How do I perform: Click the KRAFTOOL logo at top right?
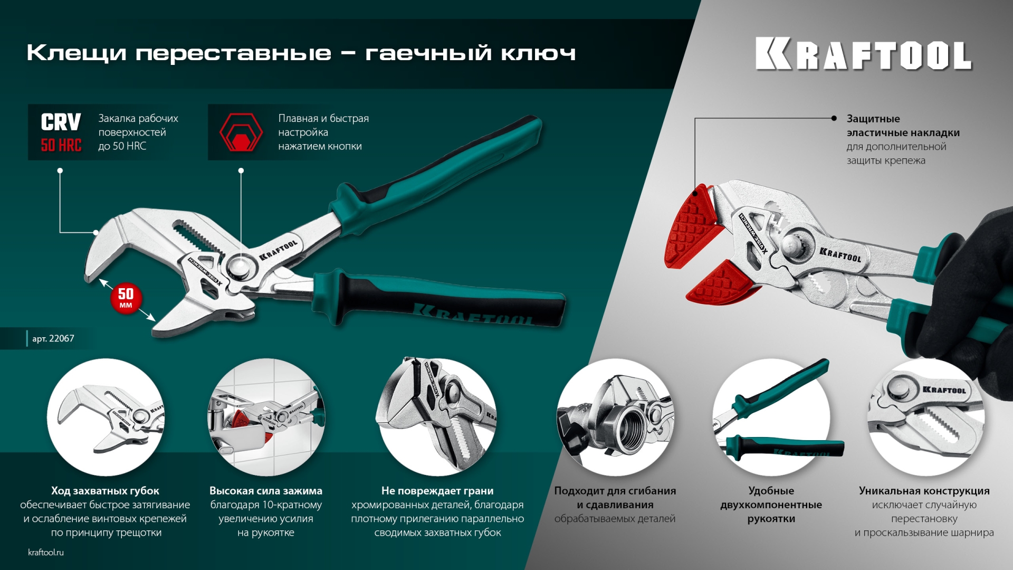(863, 54)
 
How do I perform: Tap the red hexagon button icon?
(241, 132)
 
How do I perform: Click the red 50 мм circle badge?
(126, 299)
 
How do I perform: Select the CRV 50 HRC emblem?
(61, 132)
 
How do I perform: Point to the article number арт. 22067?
(53, 338)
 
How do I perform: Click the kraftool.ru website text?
(46, 552)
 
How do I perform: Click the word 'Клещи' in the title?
(77, 53)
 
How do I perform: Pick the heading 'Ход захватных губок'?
(105, 491)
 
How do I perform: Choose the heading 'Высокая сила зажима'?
(266, 491)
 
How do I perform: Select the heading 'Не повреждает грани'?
(437, 491)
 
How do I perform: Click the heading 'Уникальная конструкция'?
(924, 491)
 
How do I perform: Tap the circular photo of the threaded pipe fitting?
(615, 417)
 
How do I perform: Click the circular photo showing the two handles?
(771, 417)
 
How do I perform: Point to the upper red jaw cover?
(692, 227)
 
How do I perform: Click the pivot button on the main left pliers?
(240, 267)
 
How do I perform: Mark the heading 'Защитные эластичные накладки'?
(903, 126)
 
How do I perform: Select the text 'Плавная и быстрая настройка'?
(323, 125)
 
